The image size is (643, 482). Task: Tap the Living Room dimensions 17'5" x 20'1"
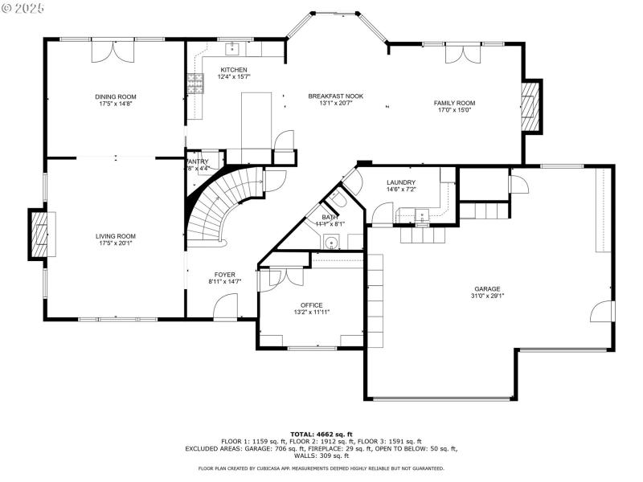(117, 243)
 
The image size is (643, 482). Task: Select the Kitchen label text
(234, 70)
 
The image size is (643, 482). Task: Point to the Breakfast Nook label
(335, 96)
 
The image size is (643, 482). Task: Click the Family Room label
(455, 103)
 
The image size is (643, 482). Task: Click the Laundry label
(400, 183)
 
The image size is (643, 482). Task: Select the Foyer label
(224, 275)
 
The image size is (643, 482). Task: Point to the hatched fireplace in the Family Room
(530, 109)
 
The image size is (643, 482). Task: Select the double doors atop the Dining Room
(112, 50)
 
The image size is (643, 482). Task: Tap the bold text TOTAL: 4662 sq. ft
(321, 434)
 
